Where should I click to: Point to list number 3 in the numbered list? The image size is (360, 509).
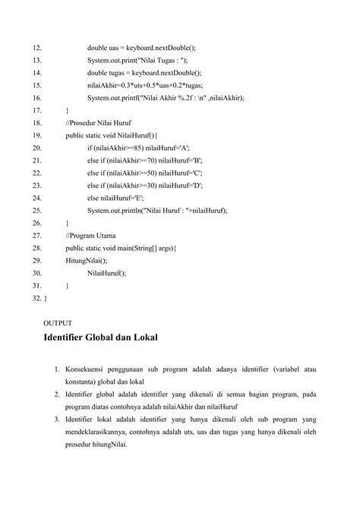57,420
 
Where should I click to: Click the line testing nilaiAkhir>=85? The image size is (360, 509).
138,148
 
